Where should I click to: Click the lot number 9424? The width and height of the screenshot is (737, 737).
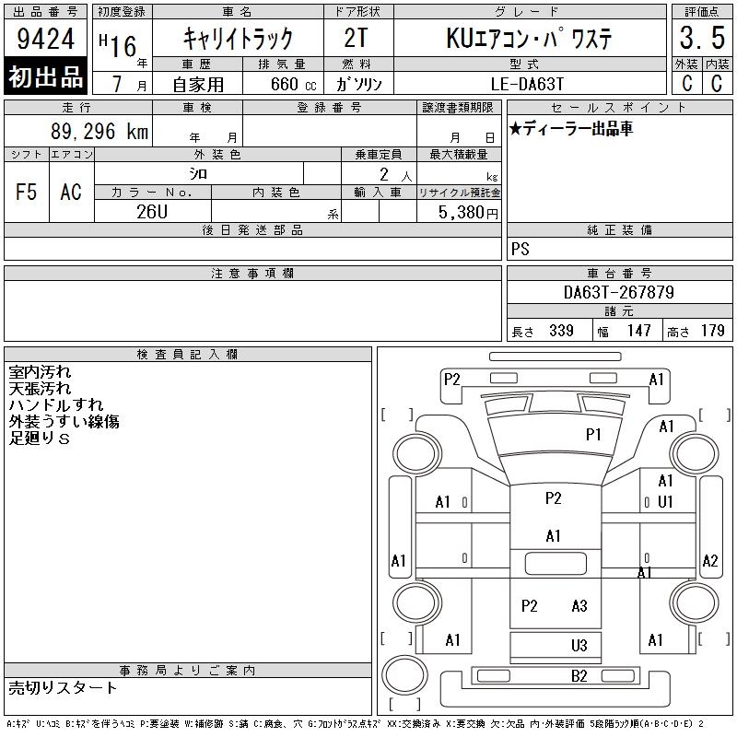[x=45, y=39]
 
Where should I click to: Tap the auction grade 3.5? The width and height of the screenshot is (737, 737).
[x=702, y=38]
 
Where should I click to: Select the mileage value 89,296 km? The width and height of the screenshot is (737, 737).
[x=99, y=131]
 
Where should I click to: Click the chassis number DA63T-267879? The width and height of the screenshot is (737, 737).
[x=618, y=292]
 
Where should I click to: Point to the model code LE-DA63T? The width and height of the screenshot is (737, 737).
[x=527, y=84]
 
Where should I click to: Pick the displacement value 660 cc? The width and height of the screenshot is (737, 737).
[x=293, y=85]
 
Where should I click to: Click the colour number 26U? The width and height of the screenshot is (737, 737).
[x=152, y=212]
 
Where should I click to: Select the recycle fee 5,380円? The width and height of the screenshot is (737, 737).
[x=468, y=213]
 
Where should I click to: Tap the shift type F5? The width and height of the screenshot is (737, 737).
[x=27, y=192]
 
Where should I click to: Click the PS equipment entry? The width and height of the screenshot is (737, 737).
[x=521, y=249]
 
